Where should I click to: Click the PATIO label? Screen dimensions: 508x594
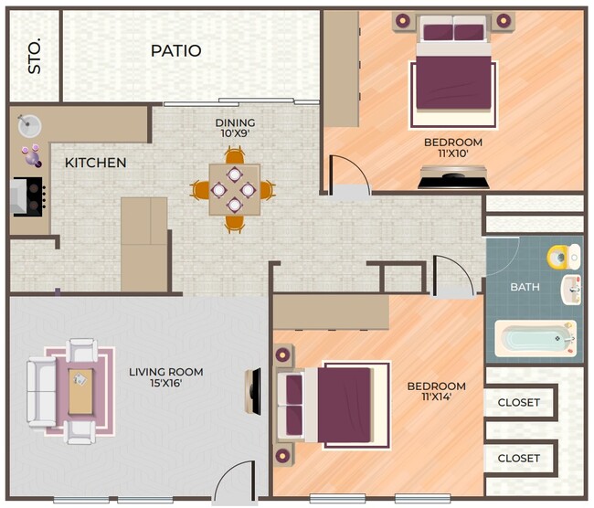(175, 51)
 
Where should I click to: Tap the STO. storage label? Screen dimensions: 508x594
(35, 56)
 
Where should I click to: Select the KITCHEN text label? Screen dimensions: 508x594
(95, 164)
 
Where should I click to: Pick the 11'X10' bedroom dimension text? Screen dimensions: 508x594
(452, 154)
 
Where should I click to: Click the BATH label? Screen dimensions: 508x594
(525, 288)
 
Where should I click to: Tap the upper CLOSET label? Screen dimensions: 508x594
(518, 402)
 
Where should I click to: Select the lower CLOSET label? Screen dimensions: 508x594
(518, 458)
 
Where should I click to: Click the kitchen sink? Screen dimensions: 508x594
(28, 125)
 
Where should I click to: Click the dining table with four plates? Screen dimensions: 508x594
(234, 190)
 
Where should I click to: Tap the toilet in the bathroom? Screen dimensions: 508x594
(562, 257)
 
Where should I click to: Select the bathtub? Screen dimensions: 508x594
(535, 339)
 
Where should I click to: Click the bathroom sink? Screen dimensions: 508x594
(570, 289)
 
